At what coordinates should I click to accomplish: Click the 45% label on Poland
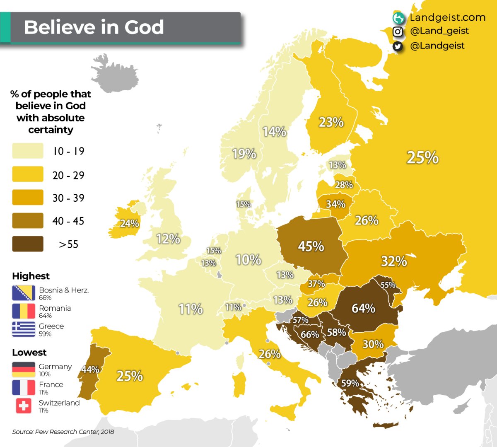tap(311, 246)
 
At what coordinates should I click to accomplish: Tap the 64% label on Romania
tap(363, 308)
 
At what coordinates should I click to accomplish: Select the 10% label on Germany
tap(248, 260)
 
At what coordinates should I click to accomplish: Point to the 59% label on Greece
tap(350, 383)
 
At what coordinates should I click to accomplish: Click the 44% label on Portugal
tap(90, 369)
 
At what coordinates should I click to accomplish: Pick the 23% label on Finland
tap(331, 122)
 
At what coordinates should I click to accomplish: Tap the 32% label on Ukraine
tap(393, 261)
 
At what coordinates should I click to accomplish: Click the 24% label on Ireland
tap(129, 224)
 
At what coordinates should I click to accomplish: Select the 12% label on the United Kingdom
tap(168, 239)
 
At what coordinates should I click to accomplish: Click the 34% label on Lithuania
tap(335, 204)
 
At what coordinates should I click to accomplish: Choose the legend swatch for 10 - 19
tap(28, 151)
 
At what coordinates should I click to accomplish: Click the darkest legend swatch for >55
tap(28, 244)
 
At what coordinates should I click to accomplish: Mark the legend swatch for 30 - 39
tap(28, 198)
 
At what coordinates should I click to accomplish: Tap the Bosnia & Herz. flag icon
tap(24, 293)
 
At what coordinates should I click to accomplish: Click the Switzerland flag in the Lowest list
tap(24, 406)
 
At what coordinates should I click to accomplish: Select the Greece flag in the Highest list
tap(24, 329)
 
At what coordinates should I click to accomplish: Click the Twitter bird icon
tap(398, 46)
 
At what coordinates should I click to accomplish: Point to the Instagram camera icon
tap(398, 31)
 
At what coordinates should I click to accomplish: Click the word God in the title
tap(144, 27)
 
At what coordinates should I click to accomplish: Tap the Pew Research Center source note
tap(63, 432)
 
